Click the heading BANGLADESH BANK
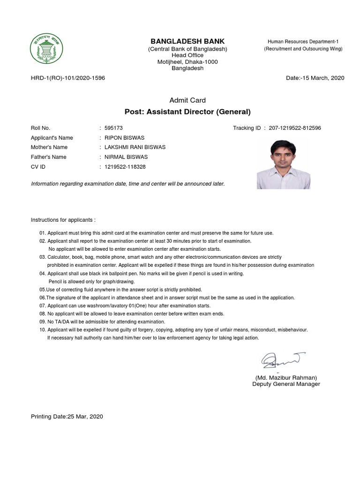pyautogui.click(x=187, y=41)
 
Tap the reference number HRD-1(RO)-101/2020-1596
pyautogui.click(x=68, y=78)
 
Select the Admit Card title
pyautogui.click(x=187, y=100)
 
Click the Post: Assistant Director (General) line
pyautogui.click(x=187, y=112)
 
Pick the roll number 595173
pyautogui.click(x=113, y=128)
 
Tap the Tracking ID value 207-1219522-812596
pyautogui.click(x=295, y=128)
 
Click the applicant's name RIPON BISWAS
pyautogui.click(x=124, y=138)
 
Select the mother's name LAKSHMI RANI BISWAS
pyautogui.click(x=135, y=147)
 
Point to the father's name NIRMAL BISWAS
pyautogui.click(x=126, y=157)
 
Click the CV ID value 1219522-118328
pyautogui.click(x=125, y=167)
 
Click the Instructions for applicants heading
pyautogui.click(x=63, y=219)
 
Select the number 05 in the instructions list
pyautogui.click(x=43, y=290)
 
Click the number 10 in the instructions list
pyautogui.click(x=43, y=330)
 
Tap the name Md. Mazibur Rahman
pyautogui.click(x=286, y=378)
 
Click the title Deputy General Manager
pyautogui.click(x=286, y=384)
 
